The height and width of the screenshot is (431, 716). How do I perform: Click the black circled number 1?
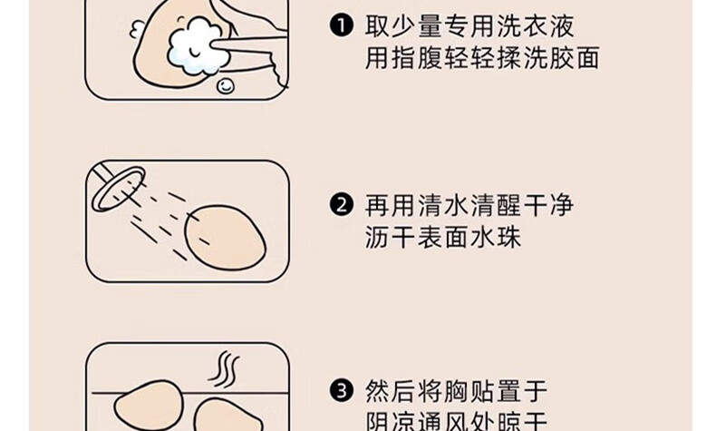[341, 24]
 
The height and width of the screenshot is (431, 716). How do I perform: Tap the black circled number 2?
[341, 205]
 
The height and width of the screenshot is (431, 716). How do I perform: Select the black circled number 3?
[341, 391]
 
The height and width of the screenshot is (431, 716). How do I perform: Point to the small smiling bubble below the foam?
[225, 85]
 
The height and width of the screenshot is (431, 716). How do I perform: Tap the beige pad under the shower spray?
[225, 237]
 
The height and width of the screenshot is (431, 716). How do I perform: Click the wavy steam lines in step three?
[224, 369]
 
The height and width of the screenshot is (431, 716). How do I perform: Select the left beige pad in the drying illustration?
[149, 406]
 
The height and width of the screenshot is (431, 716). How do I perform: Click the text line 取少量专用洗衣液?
[469, 25]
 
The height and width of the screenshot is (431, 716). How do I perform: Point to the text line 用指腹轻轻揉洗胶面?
[482, 58]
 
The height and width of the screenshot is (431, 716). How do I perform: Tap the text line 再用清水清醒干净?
[469, 205]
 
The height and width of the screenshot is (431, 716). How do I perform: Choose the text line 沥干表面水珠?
[443, 238]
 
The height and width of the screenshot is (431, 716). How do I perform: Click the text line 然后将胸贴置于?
[456, 392]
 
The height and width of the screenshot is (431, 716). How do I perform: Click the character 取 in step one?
[377, 25]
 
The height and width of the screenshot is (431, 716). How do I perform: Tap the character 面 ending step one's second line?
[587, 58]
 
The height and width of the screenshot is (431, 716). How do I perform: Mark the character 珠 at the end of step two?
[508, 238]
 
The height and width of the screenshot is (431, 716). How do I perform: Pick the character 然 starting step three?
[377, 392]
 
